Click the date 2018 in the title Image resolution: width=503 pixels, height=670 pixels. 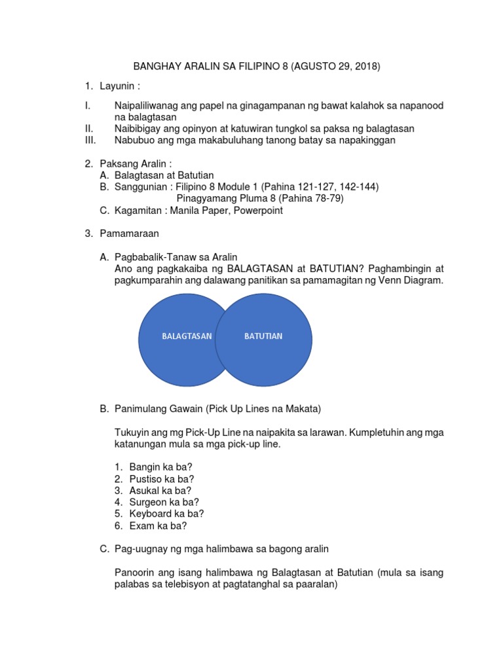[366, 67]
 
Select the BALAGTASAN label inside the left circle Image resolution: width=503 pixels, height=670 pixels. [187, 336]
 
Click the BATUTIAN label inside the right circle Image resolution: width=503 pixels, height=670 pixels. [263, 336]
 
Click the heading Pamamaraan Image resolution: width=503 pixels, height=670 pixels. [130, 233]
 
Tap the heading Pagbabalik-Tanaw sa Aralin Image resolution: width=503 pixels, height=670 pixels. [176, 256]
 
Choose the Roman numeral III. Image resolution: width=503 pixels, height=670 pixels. [90, 140]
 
